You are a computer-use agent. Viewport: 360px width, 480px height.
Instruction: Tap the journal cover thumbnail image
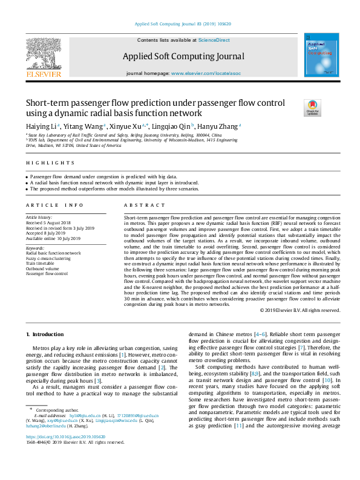pyautogui.click(x=317, y=56)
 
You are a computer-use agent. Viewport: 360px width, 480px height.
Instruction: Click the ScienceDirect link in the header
pyautogui.click(x=214, y=40)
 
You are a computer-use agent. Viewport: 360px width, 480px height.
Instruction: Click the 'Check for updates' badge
pyautogui.click(x=312, y=108)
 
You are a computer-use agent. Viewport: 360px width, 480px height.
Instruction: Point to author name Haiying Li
pyautogui.click(x=40, y=126)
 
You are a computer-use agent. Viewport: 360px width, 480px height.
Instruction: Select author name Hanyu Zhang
pyautogui.click(x=219, y=126)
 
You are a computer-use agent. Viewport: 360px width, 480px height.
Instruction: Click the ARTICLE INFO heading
pyautogui.click(x=50, y=205)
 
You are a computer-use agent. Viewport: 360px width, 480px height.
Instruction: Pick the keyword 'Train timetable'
pyautogui.click(x=39, y=264)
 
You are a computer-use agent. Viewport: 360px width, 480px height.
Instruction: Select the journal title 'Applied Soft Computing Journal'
pyautogui.click(x=183, y=56)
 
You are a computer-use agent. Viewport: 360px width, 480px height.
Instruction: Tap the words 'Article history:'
pyautogui.click(x=39, y=216)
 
